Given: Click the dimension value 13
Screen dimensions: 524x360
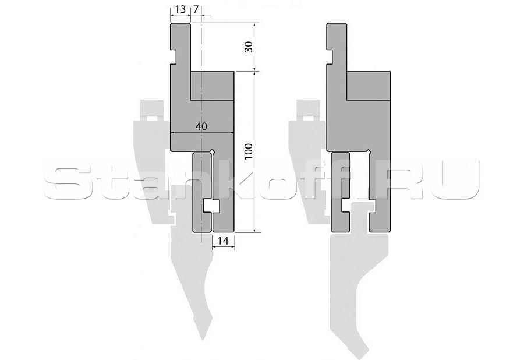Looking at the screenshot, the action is (180, 9).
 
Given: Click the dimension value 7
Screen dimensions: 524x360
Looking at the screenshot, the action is (196, 9).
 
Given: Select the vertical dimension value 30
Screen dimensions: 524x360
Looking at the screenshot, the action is (248, 47).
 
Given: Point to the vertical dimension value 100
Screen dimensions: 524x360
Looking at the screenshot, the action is (248, 151).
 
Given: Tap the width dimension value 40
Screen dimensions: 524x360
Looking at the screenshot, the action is (201, 126).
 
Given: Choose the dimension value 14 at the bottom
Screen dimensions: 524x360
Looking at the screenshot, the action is (223, 241).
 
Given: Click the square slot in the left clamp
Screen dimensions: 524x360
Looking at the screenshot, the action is (211, 206).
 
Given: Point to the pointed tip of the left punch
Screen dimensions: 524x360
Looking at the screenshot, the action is (203, 339).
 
